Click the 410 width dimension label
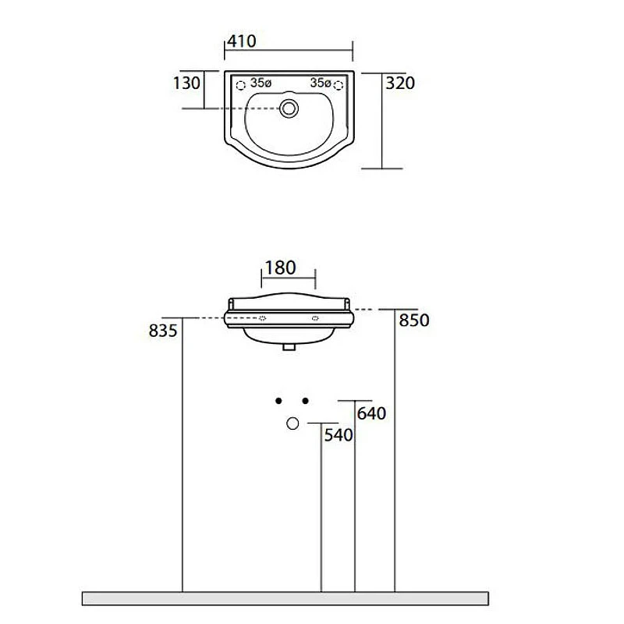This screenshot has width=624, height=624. (x=242, y=41)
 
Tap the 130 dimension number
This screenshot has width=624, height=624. (x=186, y=83)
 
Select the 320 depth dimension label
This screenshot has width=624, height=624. (x=400, y=83)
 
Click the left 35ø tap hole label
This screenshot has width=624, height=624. (x=261, y=83)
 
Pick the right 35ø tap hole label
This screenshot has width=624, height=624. (x=321, y=83)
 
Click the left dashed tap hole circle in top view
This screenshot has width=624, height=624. (x=241, y=85)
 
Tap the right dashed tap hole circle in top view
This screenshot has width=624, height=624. (x=339, y=85)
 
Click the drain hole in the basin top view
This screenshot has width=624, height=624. (x=289, y=108)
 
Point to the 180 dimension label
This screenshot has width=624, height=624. (x=280, y=268)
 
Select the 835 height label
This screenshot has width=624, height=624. (x=163, y=331)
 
